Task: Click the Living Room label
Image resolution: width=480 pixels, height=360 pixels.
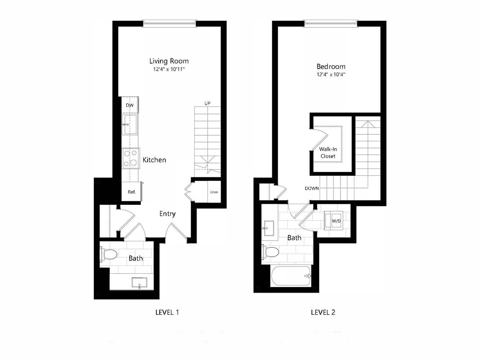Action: [x=169, y=61]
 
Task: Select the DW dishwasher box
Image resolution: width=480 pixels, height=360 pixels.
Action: [x=130, y=105]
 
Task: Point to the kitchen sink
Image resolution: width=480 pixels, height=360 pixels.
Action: [x=130, y=124]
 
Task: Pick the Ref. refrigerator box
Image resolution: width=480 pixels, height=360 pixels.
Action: [x=131, y=192]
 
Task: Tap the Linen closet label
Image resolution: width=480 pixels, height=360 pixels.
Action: [x=214, y=192]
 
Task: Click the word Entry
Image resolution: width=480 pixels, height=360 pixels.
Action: [x=167, y=214]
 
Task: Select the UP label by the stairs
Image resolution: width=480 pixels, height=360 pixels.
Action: [x=207, y=103]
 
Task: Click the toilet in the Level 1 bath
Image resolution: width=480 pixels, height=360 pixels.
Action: [x=110, y=255]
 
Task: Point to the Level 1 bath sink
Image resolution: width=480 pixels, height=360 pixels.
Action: [x=139, y=283]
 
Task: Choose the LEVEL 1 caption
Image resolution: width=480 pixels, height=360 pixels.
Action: [x=167, y=312]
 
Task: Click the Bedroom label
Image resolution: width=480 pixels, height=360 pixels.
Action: [x=331, y=67]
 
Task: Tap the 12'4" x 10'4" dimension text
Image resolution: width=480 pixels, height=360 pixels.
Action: [x=331, y=75]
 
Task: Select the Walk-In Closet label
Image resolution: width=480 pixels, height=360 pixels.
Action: [x=327, y=153]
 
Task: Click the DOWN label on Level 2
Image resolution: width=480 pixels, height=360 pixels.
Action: [x=312, y=188]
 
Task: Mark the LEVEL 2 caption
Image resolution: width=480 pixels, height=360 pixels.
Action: [x=323, y=312]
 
